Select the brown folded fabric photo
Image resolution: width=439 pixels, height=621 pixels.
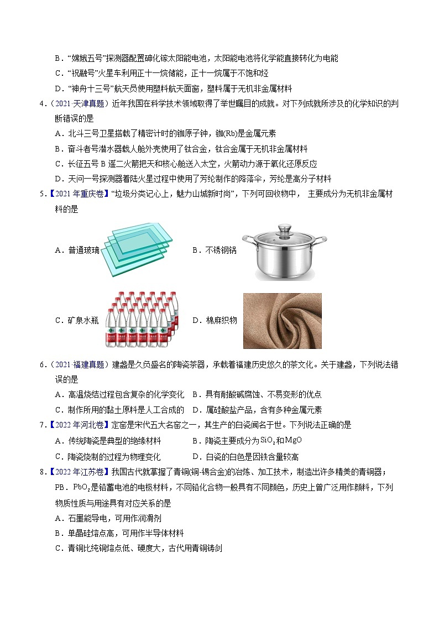pos(282,320)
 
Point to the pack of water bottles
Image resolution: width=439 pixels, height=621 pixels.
pos(142,320)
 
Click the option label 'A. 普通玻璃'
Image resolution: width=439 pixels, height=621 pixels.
pos(77,250)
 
